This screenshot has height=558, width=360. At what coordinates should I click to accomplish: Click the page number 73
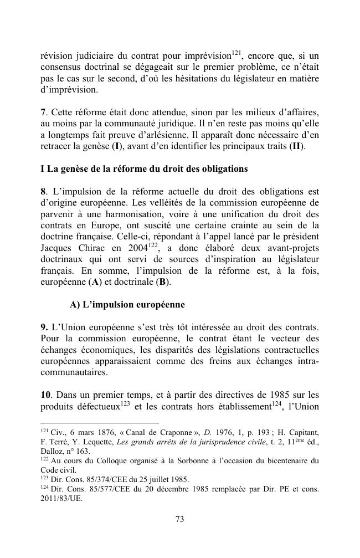(179, 519)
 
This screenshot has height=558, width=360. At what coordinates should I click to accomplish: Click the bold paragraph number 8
(43, 192)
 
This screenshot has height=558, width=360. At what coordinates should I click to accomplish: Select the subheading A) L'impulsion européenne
(127, 305)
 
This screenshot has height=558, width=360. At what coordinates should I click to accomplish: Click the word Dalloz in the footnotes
(53, 451)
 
